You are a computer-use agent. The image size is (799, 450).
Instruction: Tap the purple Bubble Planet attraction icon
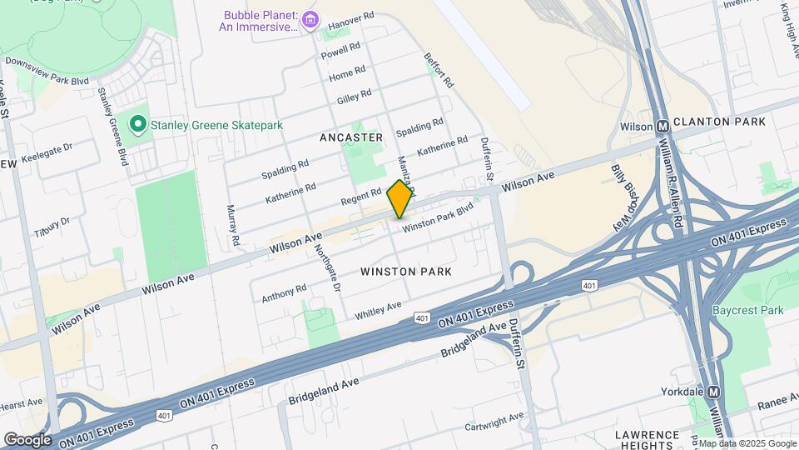coord(310,19)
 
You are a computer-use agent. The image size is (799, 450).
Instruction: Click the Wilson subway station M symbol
coord(663,127)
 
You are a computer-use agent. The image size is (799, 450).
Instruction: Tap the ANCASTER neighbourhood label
coord(351,137)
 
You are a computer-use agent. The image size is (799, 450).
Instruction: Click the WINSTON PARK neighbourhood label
coord(406,272)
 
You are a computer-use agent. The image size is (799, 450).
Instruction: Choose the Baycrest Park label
coord(748,311)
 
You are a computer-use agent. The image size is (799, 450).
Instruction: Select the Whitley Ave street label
coord(378,311)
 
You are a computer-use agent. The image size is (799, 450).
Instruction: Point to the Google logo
coord(27,439)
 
